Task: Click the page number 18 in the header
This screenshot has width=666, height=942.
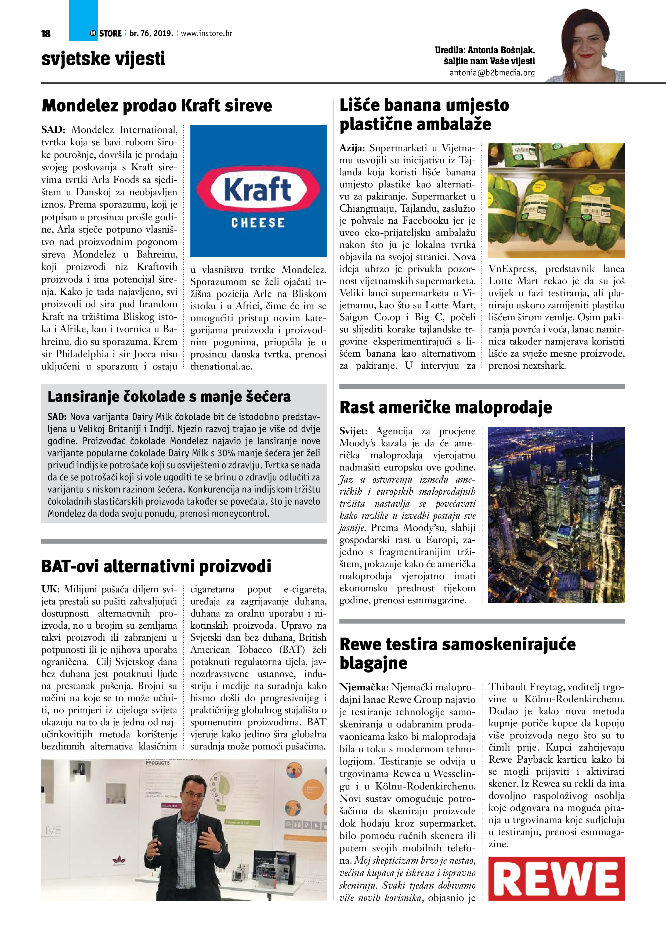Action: pyautogui.click(x=46, y=34)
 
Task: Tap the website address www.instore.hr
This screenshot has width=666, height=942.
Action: pyautogui.click(x=207, y=33)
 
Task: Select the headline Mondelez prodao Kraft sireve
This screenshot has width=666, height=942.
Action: pyautogui.click(x=157, y=106)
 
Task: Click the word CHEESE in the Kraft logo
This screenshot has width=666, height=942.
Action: pyautogui.click(x=258, y=223)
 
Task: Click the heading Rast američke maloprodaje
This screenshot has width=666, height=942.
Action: pyautogui.click(x=446, y=407)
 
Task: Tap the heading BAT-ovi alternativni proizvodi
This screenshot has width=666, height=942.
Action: pyautogui.click(x=156, y=566)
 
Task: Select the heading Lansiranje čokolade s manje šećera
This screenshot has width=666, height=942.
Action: pyautogui.click(x=169, y=396)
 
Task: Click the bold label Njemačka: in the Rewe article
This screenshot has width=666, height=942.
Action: pyautogui.click(x=364, y=687)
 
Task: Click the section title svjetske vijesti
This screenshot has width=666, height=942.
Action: pyautogui.click(x=103, y=58)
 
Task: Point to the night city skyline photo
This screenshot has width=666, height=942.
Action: pyautogui.click(x=556, y=515)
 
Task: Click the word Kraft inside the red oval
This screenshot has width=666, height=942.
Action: pyautogui.click(x=258, y=190)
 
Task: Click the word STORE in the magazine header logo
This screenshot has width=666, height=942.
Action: pyautogui.click(x=110, y=34)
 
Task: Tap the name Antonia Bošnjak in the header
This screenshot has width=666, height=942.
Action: pyautogui.click(x=501, y=50)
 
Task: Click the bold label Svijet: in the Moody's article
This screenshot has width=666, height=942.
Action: pyautogui.click(x=353, y=431)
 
